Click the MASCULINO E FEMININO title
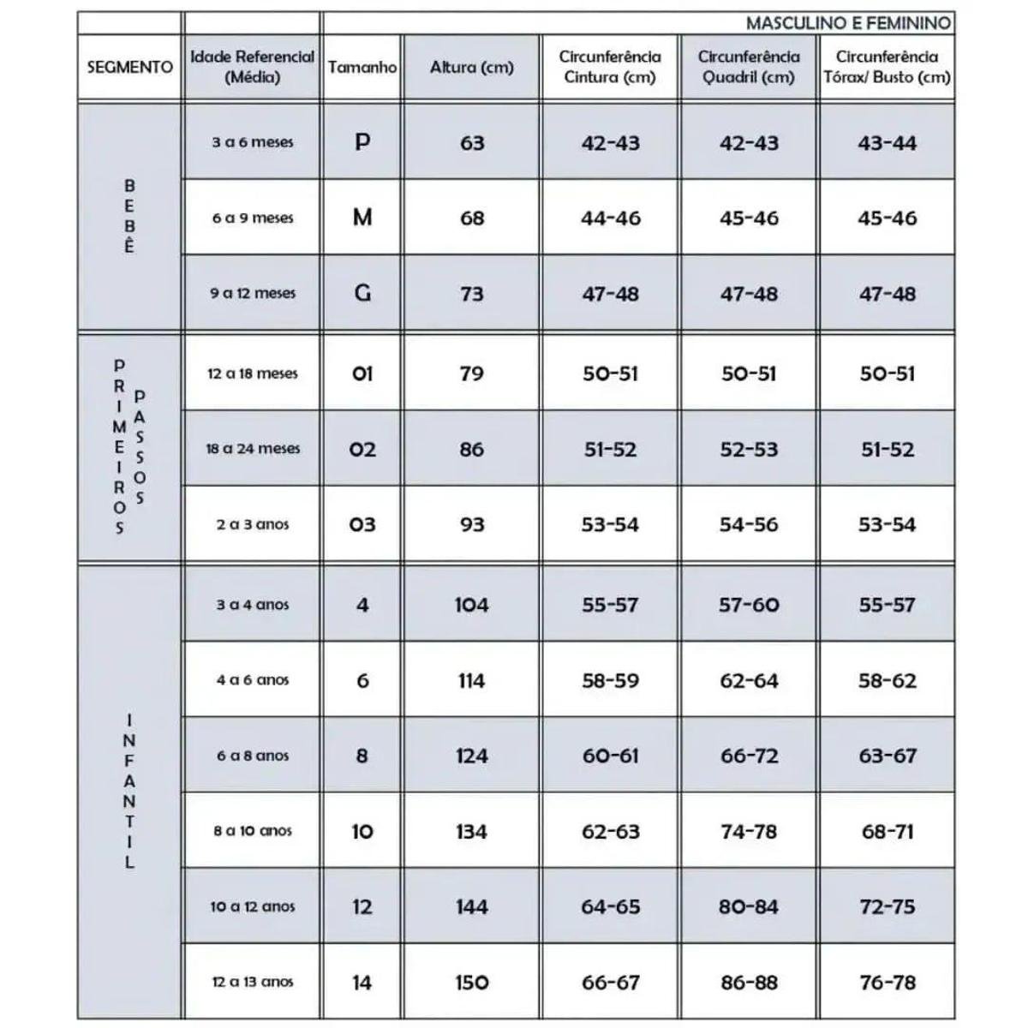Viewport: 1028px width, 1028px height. click(848, 23)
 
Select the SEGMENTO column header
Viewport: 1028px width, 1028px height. click(129, 67)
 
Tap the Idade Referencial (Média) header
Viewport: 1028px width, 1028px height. click(252, 67)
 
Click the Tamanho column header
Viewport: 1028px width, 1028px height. click(362, 67)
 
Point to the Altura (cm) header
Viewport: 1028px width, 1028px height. click(471, 67)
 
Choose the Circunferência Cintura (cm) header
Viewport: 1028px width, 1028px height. click(610, 67)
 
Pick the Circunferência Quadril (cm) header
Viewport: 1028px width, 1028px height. click(749, 67)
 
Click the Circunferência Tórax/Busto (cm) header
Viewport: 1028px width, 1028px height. click(887, 67)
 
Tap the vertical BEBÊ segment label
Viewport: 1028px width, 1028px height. click(129, 216)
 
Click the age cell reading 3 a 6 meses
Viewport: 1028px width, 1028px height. click(252, 142)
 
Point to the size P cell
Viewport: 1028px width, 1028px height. click(362, 142)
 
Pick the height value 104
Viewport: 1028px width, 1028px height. click(471, 605)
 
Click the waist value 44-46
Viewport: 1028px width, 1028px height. click(610, 218)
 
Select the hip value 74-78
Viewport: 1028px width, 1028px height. click(749, 831)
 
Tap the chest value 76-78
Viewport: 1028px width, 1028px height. click(887, 983)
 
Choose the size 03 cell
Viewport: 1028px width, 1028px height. click(362, 524)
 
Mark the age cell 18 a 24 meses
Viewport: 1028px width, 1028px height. click(252, 449)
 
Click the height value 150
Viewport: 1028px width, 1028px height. click(471, 983)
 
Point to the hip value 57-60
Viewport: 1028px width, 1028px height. click(749, 605)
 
